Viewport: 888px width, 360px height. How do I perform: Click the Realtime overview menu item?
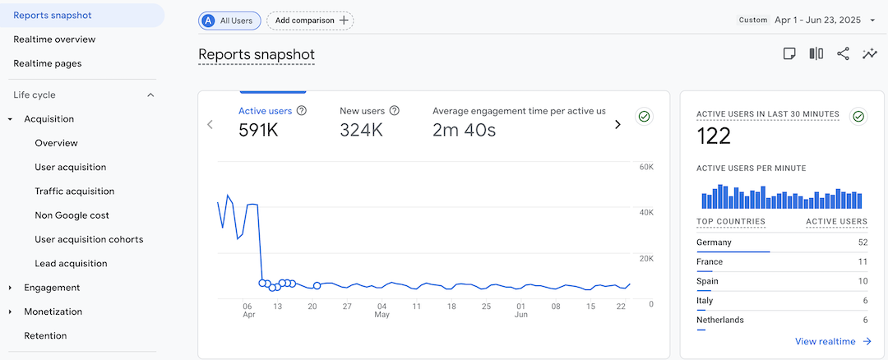(54, 39)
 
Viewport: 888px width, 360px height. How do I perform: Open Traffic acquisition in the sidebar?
(74, 192)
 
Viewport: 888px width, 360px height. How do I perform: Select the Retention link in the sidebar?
(45, 336)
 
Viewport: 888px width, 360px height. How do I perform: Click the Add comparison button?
(311, 21)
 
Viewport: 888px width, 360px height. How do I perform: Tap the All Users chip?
(230, 21)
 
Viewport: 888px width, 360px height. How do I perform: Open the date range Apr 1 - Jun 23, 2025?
(819, 21)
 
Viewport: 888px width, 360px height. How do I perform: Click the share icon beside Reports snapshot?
(843, 54)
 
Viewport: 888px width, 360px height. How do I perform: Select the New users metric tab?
(363, 111)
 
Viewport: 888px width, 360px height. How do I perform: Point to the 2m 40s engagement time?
(465, 130)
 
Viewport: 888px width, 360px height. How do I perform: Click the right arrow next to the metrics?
(617, 125)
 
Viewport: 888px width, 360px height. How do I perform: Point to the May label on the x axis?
(382, 315)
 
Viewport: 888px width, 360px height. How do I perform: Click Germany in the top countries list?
(714, 242)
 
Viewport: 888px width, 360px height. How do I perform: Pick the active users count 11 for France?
(863, 262)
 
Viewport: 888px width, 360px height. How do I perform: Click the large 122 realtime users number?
(714, 136)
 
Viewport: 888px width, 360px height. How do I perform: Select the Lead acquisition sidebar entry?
(71, 264)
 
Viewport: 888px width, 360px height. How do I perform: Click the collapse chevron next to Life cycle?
(150, 95)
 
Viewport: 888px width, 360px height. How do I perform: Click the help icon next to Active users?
(302, 111)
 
